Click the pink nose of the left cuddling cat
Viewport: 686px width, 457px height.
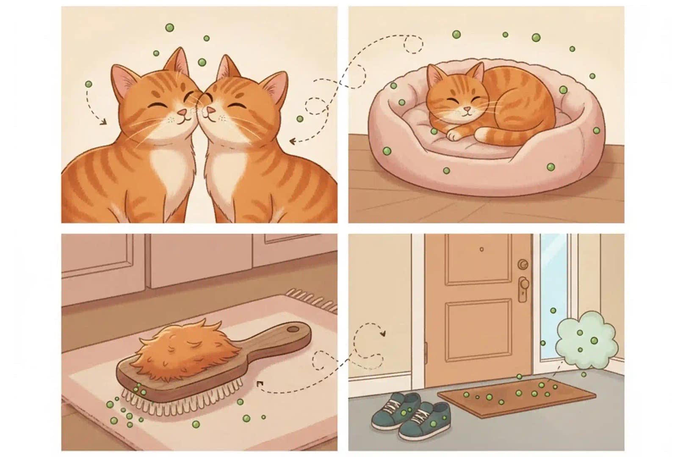(182, 113)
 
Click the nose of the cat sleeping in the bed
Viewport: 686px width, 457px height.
(466, 110)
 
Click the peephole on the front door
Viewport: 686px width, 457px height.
(482, 250)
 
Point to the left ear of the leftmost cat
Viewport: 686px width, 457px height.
(123, 80)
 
